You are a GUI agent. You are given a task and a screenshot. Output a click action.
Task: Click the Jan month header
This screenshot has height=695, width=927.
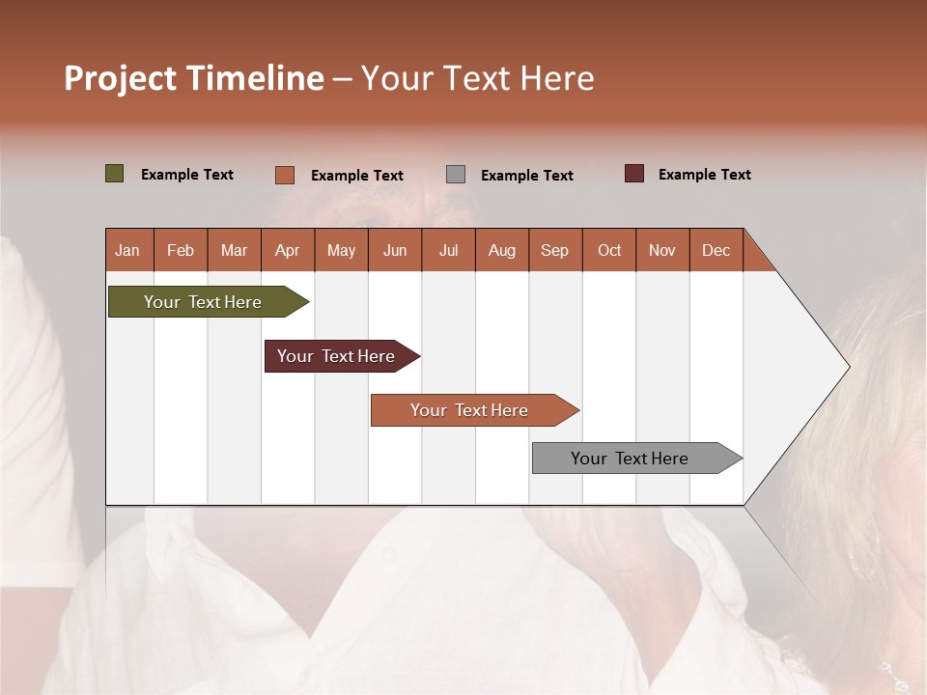[x=127, y=250]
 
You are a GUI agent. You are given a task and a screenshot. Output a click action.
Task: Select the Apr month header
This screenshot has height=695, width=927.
[x=287, y=250]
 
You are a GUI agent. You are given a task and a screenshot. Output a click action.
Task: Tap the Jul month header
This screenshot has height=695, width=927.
[x=448, y=250]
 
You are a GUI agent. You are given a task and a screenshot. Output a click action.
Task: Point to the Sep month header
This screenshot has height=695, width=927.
[x=554, y=250]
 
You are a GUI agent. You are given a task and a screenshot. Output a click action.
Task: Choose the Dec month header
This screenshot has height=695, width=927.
[x=716, y=250]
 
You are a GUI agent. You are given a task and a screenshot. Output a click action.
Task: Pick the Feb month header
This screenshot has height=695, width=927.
[x=181, y=250]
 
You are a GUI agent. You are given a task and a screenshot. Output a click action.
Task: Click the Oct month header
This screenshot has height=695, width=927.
[x=609, y=250]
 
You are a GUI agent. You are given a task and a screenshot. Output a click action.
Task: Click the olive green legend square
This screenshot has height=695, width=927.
[x=115, y=174]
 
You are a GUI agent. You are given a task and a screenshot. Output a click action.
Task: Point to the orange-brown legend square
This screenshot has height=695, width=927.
[x=285, y=175]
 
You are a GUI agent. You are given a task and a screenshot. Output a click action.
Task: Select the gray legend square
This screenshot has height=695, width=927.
[x=456, y=174]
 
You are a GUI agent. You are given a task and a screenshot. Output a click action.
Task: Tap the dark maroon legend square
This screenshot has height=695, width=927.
[x=634, y=174]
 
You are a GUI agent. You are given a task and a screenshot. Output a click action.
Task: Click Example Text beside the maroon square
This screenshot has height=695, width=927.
[x=704, y=175]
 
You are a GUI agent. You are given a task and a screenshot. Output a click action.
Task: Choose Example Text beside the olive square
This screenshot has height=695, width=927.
[x=187, y=175]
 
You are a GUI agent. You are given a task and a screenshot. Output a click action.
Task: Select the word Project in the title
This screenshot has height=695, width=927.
[x=120, y=78]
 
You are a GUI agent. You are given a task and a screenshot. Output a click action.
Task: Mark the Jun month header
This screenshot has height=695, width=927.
[x=395, y=250]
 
